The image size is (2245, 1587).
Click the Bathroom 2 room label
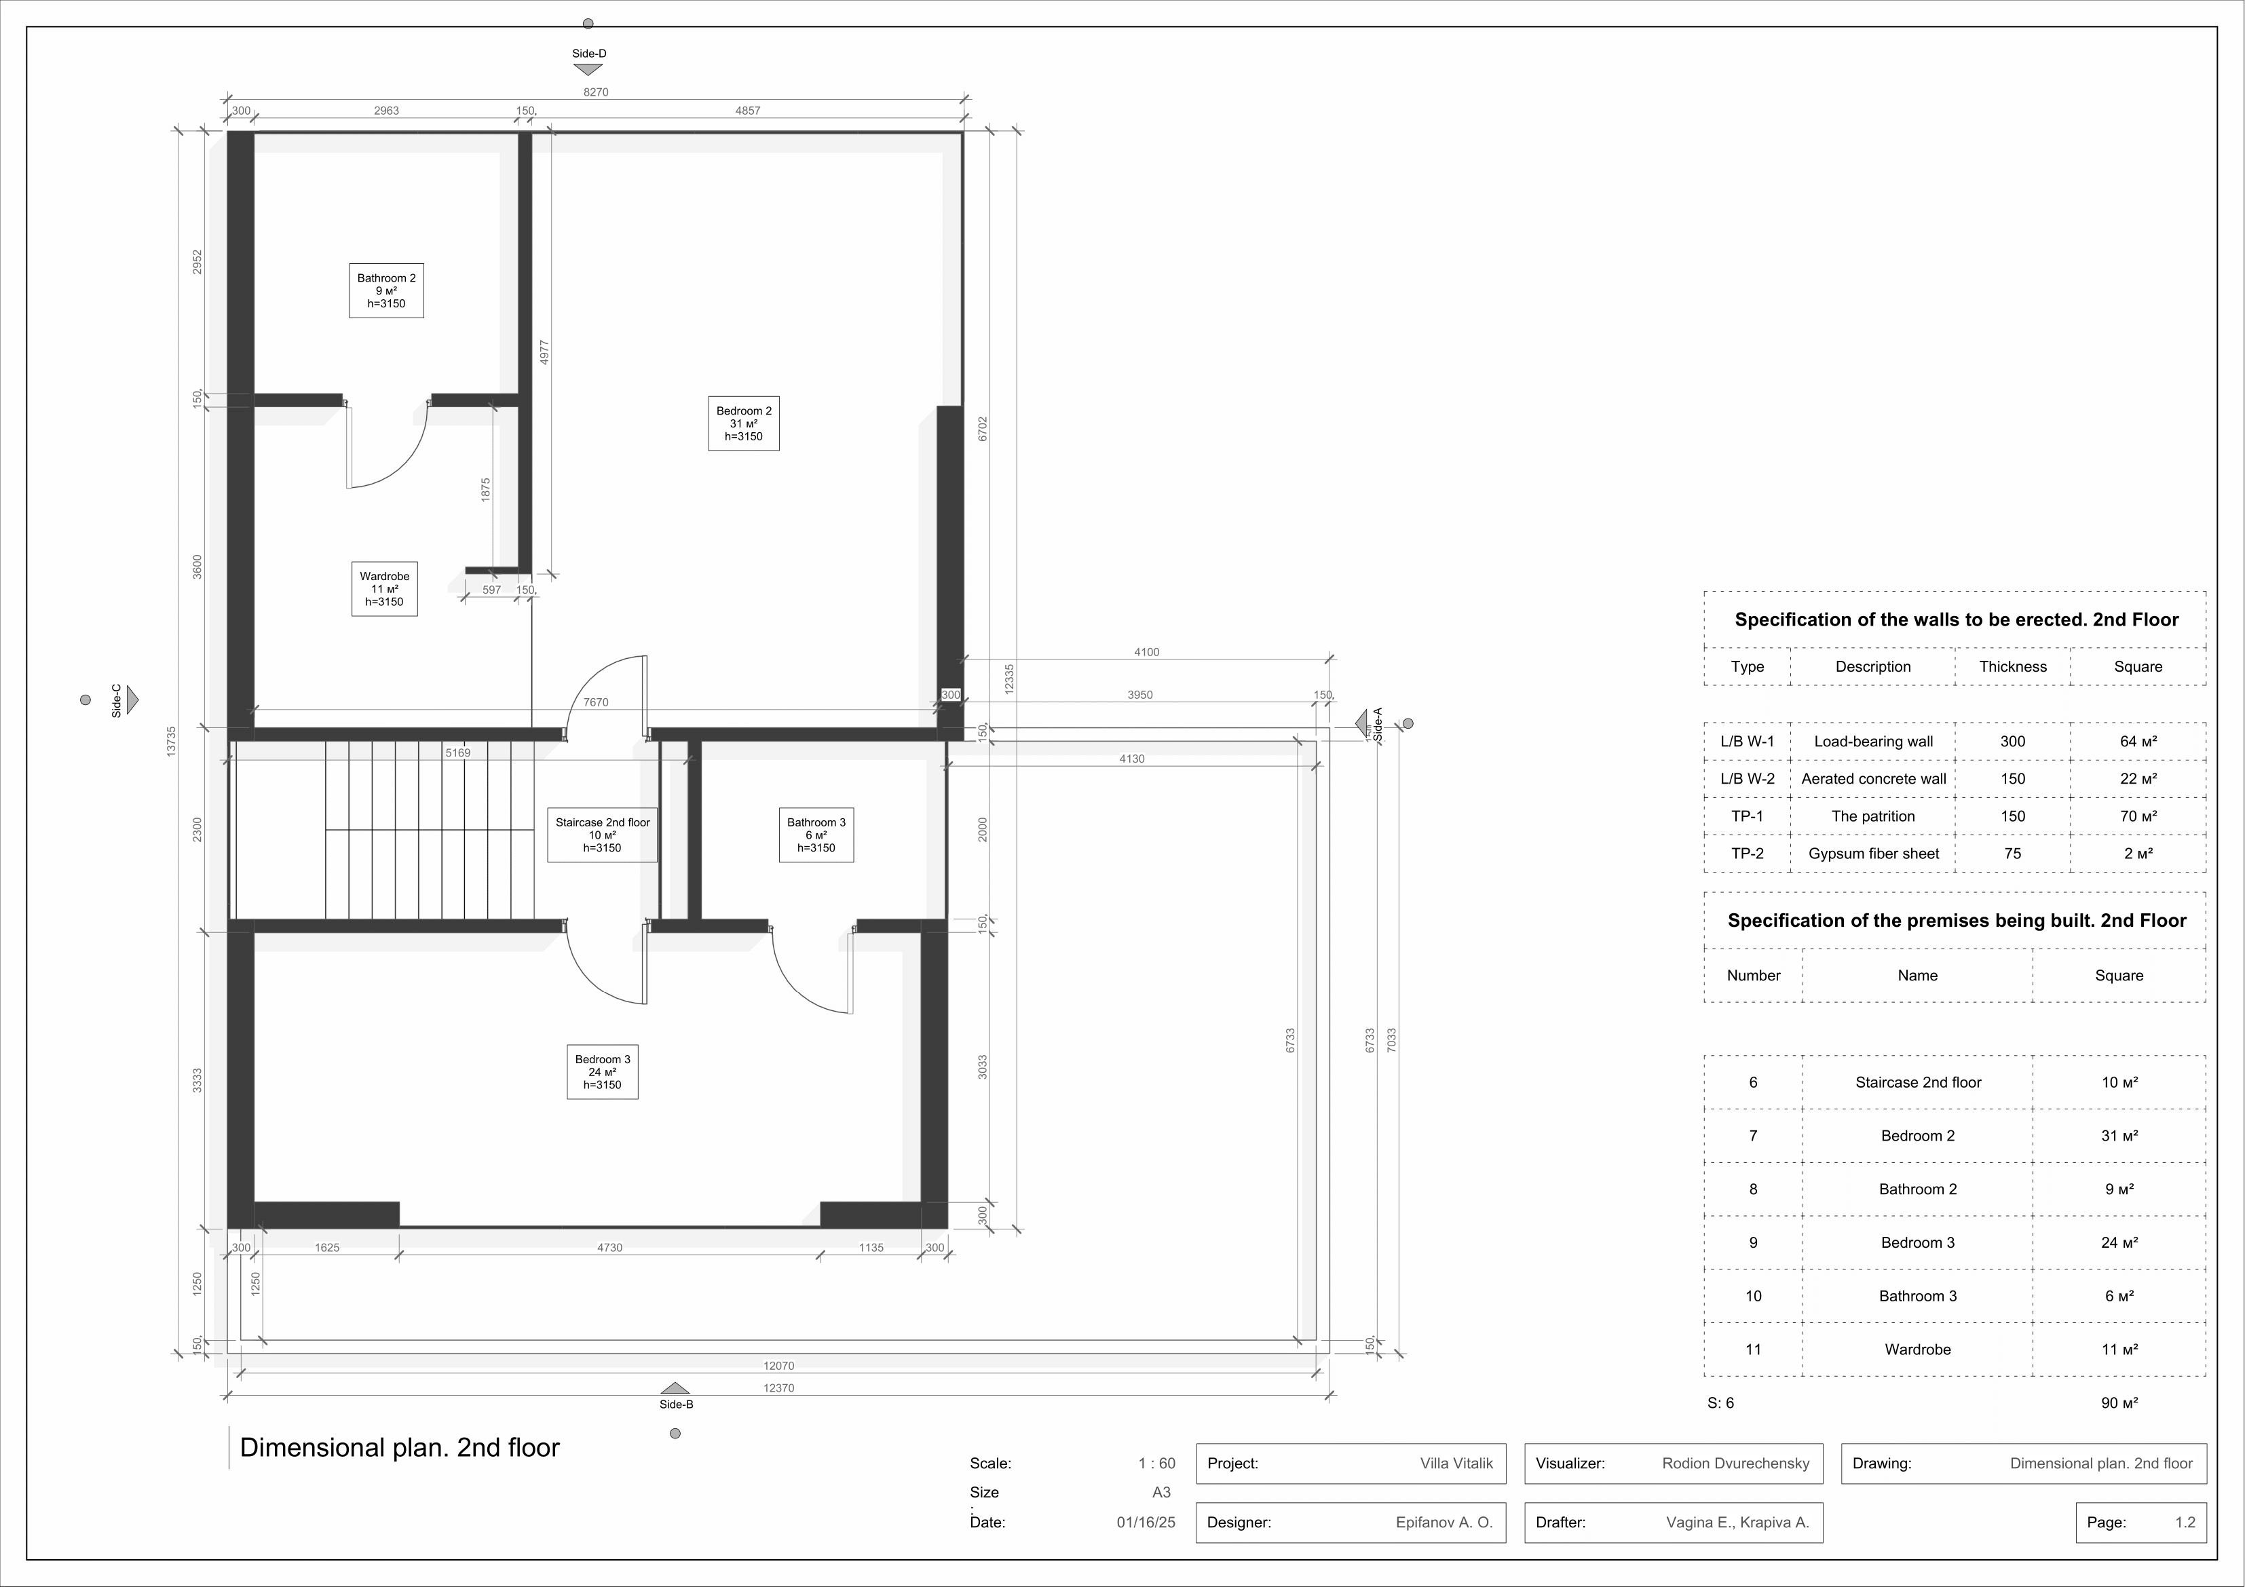click(386, 290)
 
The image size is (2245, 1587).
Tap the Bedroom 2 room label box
click(744, 423)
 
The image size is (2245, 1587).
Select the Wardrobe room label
click(384, 589)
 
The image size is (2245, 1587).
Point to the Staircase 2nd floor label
click(603, 835)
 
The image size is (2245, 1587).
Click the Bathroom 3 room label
click(816, 835)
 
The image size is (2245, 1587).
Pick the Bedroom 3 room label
click(603, 1072)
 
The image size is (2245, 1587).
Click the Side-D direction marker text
click(588, 54)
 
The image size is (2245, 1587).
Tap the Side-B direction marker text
click(676, 1404)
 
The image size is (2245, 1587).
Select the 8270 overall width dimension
click(595, 92)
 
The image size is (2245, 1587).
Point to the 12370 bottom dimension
click(778, 1388)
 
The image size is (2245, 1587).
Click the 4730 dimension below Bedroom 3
click(609, 1248)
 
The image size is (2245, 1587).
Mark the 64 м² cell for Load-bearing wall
click(2138, 741)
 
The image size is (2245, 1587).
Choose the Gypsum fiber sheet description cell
click(1874, 854)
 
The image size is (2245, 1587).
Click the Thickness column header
click(2012, 667)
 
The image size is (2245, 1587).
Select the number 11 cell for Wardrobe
click(1753, 1350)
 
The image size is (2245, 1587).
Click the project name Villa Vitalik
click(1457, 1464)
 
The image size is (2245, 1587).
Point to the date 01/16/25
click(1146, 1523)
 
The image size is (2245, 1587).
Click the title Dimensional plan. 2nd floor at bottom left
click(400, 1448)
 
